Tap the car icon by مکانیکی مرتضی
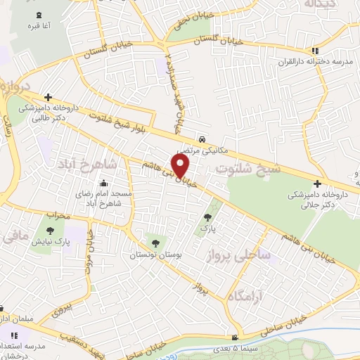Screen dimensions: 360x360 pyautogui.click(x=202, y=139)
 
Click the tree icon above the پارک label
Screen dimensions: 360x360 pyautogui.click(x=207, y=217)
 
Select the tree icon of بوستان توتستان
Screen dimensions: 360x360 pyautogui.click(x=155, y=243)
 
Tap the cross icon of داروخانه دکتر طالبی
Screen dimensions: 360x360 pyautogui.click(x=47, y=98)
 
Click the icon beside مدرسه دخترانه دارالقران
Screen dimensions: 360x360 pyautogui.click(x=316, y=51)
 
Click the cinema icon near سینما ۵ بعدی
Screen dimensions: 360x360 pyautogui.click(x=244, y=337)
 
